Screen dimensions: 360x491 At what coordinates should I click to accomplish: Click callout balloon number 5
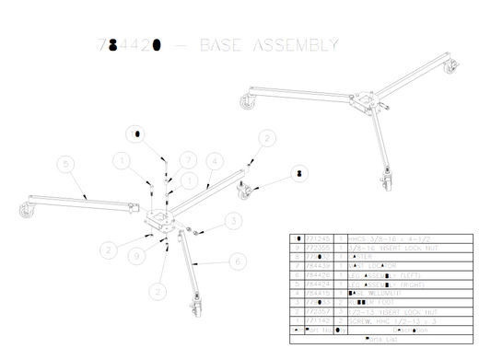[x=64, y=165]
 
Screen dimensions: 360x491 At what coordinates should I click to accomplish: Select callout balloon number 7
[x=184, y=159]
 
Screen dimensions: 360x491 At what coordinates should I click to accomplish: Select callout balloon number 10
[x=139, y=134]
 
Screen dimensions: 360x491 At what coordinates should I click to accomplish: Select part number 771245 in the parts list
[x=316, y=238]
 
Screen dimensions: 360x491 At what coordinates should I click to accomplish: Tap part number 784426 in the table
[x=316, y=274]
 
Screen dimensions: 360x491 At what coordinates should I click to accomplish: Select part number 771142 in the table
[x=316, y=319]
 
